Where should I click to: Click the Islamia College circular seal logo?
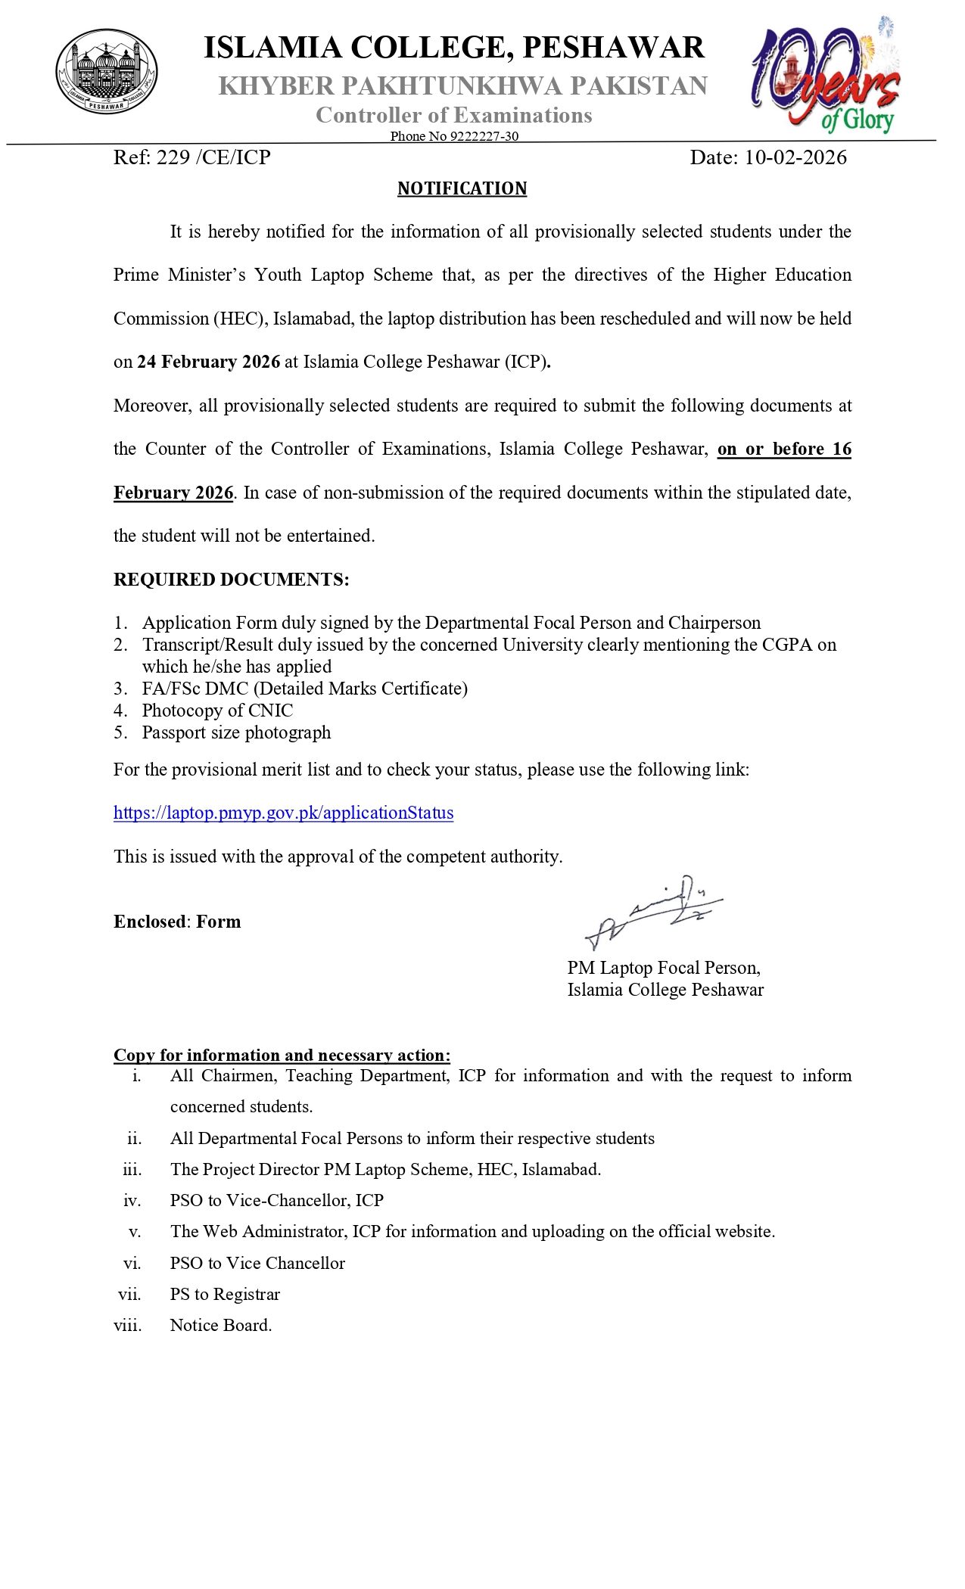107,71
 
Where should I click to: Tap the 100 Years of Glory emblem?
826,76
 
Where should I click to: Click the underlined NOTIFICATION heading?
462,188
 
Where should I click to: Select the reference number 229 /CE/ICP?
191,157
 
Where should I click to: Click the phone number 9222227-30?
484,136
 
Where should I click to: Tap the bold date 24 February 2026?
208,362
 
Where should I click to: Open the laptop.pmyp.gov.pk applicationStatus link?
283,813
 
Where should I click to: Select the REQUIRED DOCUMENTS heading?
231,580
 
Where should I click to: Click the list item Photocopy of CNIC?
216,711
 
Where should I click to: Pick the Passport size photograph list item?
236,732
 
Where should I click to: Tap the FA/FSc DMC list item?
304,689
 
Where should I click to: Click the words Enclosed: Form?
177,922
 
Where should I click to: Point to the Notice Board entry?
220,1325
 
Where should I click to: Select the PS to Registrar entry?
225,1294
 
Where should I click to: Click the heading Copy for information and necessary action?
282,1055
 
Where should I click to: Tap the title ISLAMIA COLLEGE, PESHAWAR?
454,47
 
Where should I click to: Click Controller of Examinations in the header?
453,115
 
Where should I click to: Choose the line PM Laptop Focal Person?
663,968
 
